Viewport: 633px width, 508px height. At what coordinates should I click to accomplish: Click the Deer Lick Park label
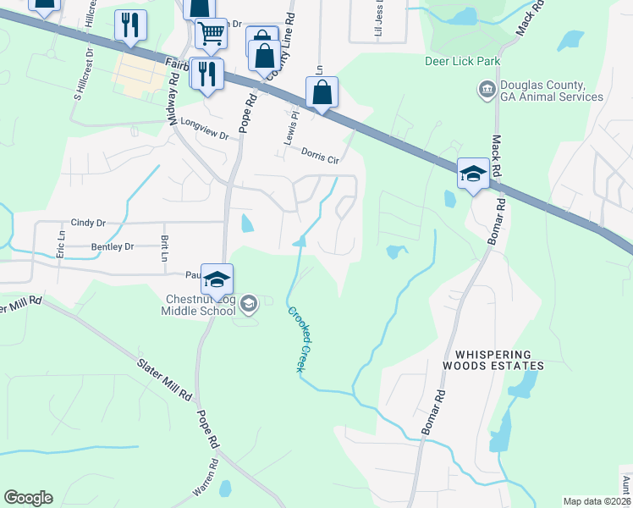[x=463, y=61]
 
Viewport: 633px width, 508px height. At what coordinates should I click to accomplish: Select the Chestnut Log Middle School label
[x=200, y=304]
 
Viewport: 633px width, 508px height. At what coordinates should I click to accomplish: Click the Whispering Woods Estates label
[x=493, y=360]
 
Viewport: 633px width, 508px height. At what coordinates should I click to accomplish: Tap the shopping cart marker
[x=211, y=34]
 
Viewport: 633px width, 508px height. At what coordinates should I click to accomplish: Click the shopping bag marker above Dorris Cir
[x=322, y=92]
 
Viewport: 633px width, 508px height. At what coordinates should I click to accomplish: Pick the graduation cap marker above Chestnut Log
[x=217, y=279]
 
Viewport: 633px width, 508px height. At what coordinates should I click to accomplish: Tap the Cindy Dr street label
[x=88, y=223]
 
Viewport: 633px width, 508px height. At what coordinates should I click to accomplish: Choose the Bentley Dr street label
[x=112, y=247]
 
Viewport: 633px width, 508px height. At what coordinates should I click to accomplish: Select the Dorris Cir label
[x=321, y=153]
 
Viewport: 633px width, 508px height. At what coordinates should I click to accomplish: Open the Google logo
[x=28, y=498]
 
